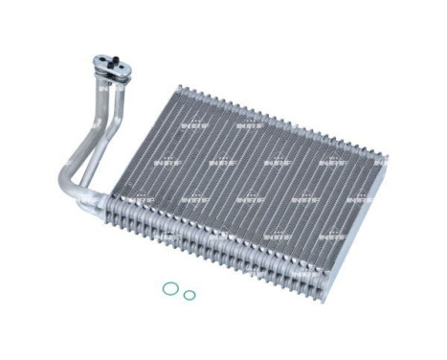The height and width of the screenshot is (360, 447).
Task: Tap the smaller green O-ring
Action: [x=190, y=295]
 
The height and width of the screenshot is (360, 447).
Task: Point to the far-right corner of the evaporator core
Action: [x=387, y=157]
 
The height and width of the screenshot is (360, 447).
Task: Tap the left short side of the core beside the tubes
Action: [x=134, y=144]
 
